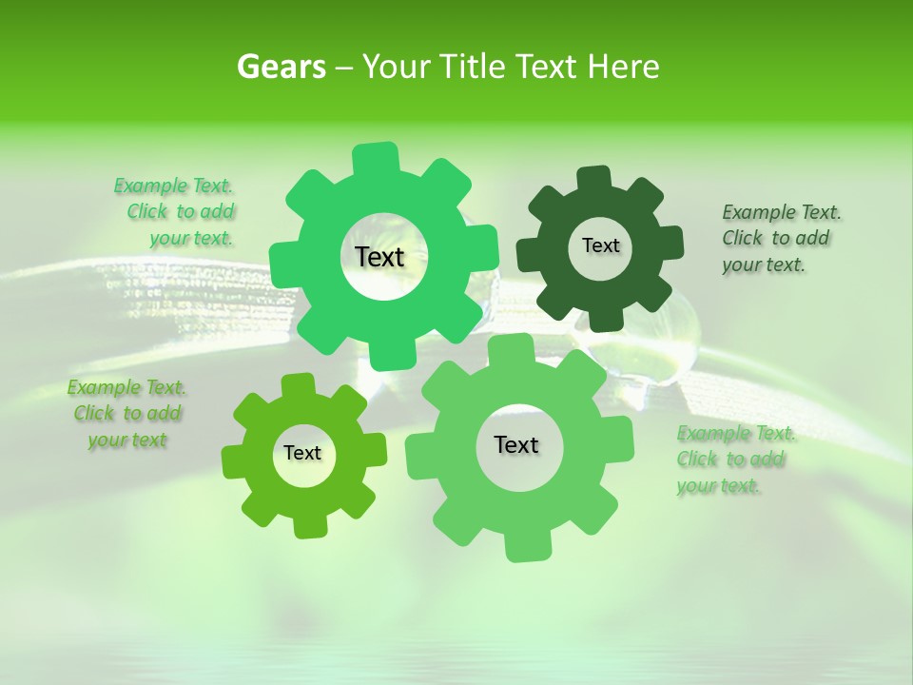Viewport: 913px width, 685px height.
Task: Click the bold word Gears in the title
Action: tap(281, 67)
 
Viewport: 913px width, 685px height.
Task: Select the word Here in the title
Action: tap(624, 67)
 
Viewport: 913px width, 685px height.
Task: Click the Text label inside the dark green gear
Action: tap(600, 245)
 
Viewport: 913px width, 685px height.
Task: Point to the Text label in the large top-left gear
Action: tap(379, 257)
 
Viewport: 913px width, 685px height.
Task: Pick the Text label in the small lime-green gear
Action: tap(302, 453)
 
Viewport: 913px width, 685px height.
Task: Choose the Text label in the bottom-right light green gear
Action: tap(516, 444)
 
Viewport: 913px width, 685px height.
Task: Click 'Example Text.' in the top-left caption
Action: tap(173, 186)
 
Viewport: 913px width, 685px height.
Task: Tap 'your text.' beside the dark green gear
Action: tap(764, 265)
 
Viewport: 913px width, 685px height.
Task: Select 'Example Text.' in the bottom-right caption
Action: tap(736, 434)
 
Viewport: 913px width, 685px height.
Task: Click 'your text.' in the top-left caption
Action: tap(191, 239)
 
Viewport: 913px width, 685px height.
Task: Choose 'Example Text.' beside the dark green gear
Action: tap(782, 212)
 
